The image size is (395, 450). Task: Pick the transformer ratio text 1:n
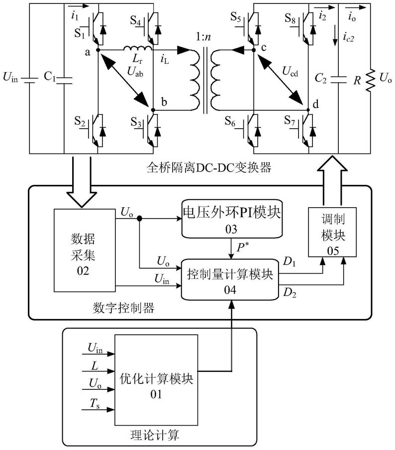click(204, 37)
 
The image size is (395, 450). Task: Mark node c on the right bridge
click(253, 50)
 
